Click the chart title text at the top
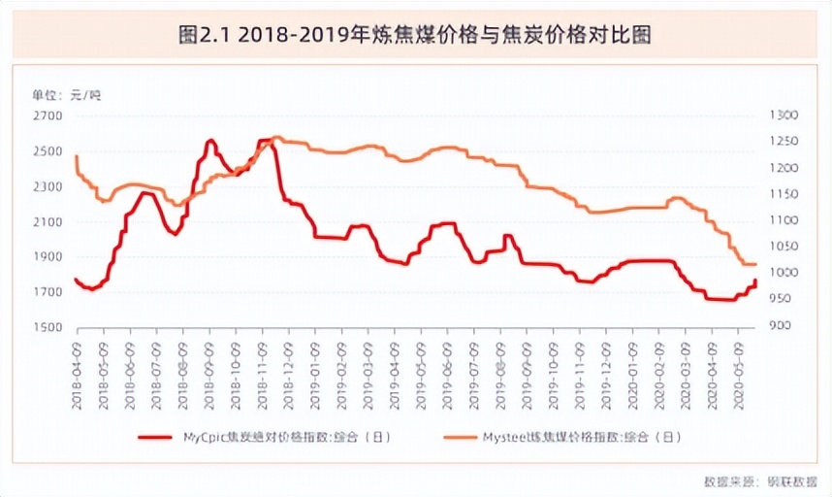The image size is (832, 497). [415, 36]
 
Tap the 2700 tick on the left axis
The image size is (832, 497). [48, 116]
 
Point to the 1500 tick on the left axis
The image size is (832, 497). [48, 327]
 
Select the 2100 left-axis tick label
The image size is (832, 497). [48, 221]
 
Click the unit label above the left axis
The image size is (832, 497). [66, 94]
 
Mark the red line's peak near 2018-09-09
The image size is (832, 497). [210, 142]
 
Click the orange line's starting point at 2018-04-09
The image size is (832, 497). [76, 156]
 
